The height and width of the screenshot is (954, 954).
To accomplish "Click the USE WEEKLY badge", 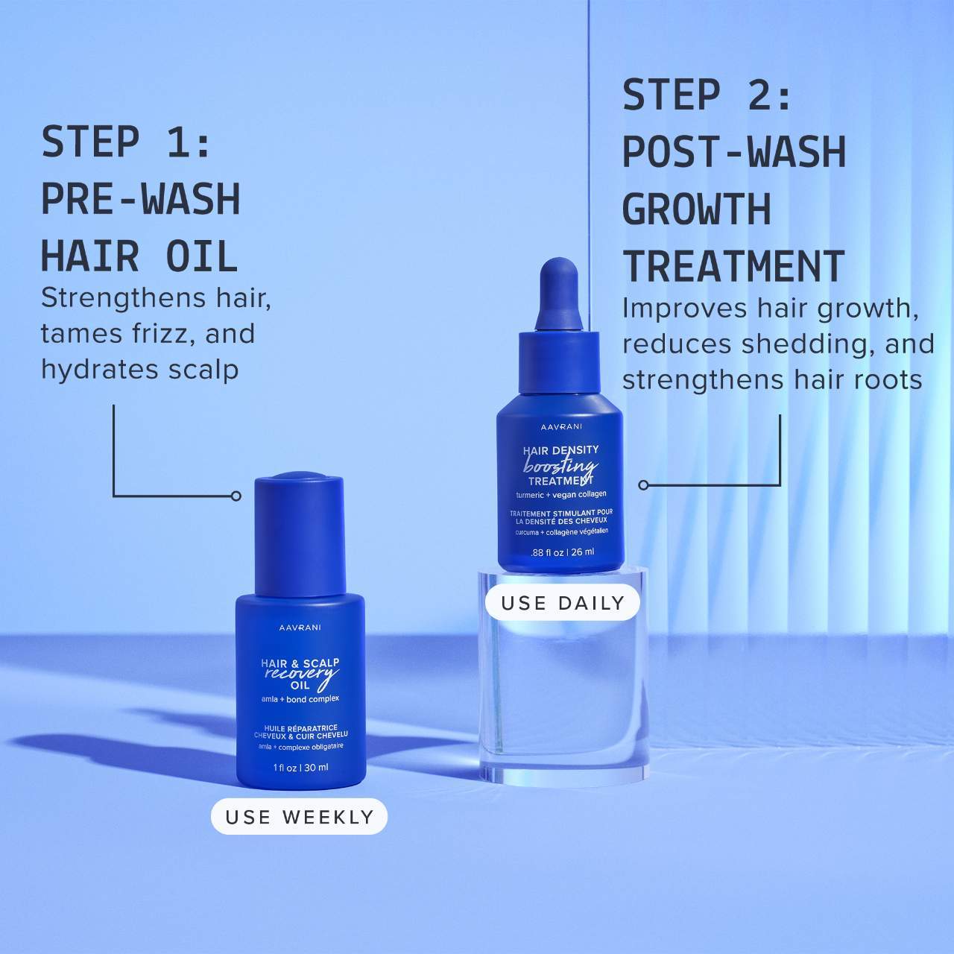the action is pyautogui.click(x=299, y=816).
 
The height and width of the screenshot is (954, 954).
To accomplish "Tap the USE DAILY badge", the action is pyautogui.click(x=563, y=602).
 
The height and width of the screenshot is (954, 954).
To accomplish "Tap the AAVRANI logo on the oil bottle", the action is pyautogui.click(x=300, y=628).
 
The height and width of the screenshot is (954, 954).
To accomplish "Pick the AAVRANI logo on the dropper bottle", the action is pyautogui.click(x=561, y=427).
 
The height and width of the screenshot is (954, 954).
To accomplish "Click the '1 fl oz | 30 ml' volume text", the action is pyautogui.click(x=300, y=768).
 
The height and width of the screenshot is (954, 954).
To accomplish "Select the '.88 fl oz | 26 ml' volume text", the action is pyautogui.click(x=563, y=552).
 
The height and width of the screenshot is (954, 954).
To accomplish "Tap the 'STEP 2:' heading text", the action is pyautogui.click(x=707, y=95).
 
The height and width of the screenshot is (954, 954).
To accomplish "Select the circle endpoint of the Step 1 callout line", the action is pyautogui.click(x=237, y=496).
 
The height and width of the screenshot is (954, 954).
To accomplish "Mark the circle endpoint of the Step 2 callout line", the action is pyautogui.click(x=643, y=485).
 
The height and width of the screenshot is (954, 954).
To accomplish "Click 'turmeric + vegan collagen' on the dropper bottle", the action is pyautogui.click(x=561, y=495).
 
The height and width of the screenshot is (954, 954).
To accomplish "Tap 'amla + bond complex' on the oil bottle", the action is pyautogui.click(x=300, y=699).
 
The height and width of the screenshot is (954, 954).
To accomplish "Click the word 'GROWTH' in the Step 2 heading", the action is pyautogui.click(x=697, y=209).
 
